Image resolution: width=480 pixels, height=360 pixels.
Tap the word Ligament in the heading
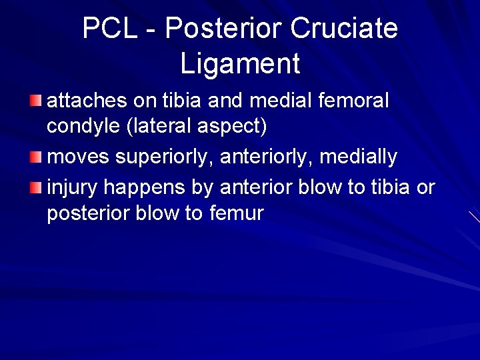tap(240, 64)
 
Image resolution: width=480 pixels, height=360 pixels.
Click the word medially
tap(358, 157)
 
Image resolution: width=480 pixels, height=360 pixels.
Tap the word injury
tap(72, 188)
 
